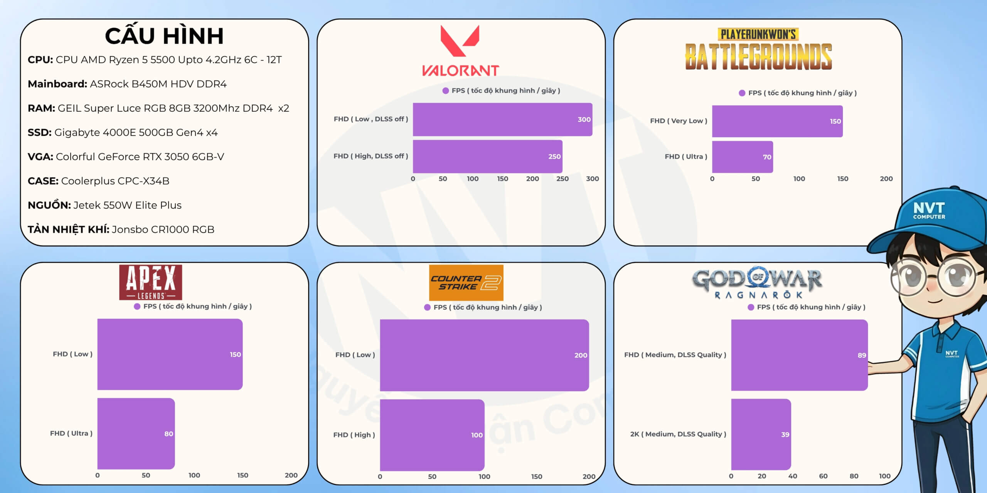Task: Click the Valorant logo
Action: [460, 50]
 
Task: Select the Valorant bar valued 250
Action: [487, 156]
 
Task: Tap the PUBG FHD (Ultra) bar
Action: [742, 157]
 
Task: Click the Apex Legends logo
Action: [150, 282]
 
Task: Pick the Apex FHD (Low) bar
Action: [170, 354]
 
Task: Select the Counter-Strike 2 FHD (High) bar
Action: [432, 435]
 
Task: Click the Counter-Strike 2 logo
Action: [466, 283]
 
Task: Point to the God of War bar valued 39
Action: [761, 434]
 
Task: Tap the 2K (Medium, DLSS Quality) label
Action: [678, 434]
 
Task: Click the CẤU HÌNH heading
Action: [164, 36]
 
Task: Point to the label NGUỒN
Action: [49, 205]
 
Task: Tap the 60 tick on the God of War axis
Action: [823, 476]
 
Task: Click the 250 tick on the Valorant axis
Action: [562, 179]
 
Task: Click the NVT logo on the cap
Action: [929, 210]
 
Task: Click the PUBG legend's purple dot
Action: [742, 93]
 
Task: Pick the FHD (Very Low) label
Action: [678, 121]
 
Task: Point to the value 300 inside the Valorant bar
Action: [584, 119]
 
